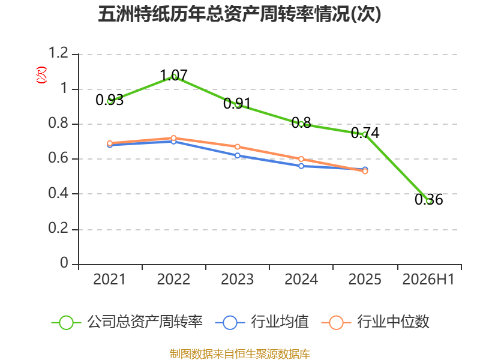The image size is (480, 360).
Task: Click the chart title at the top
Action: tap(239, 14)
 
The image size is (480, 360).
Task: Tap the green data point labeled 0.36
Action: tap(429, 201)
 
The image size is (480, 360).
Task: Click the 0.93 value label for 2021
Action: tap(109, 100)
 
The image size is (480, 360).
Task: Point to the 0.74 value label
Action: tap(365, 133)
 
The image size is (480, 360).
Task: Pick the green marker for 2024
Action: tap(301, 124)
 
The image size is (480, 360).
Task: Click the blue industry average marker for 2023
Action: tap(237, 155)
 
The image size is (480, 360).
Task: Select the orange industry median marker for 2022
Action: tap(173, 138)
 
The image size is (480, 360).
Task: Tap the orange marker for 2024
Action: tap(301, 159)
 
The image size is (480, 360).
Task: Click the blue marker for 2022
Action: tap(173, 142)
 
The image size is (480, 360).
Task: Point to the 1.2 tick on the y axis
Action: tap(58, 53)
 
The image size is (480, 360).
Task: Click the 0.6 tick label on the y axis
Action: tap(58, 158)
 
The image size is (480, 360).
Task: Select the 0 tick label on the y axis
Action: tap(64, 263)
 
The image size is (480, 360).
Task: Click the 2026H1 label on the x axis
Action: tap(428, 279)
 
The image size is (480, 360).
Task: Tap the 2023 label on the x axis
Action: tap(237, 279)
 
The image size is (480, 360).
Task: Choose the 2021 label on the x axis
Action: tap(109, 279)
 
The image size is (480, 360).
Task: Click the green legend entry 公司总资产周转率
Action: tap(127, 322)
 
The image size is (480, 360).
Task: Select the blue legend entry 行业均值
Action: tap(262, 322)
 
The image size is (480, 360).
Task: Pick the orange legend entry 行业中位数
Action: tap(376, 322)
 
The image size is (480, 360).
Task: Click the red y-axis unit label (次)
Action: tap(41, 75)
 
